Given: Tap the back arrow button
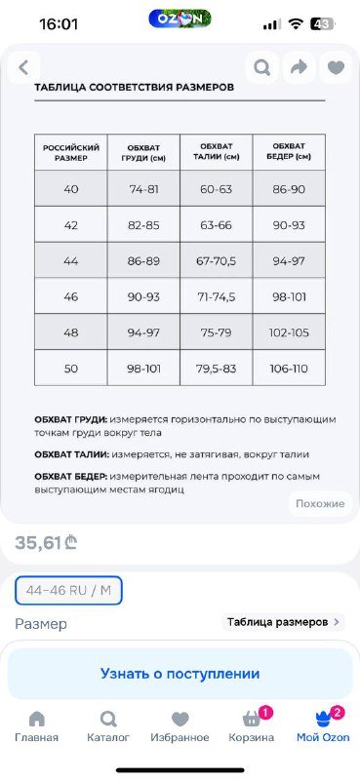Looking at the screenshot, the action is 23,68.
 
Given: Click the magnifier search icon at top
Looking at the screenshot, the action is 261,68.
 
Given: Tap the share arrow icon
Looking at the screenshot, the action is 298,68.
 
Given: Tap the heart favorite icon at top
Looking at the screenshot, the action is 336,68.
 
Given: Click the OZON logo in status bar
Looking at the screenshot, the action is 180,19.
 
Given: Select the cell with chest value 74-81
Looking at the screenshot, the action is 143,188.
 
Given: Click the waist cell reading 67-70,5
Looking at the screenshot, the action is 216,260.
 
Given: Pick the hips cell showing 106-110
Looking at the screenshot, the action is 289,368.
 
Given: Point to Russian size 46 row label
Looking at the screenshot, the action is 71,296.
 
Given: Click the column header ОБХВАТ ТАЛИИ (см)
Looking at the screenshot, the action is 216,151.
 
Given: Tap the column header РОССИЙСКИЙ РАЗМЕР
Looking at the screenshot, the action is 71,151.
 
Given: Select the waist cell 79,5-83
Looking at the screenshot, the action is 216,368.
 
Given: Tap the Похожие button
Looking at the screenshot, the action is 320,503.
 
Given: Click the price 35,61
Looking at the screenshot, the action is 46,543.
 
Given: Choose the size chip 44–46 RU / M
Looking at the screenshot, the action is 68,591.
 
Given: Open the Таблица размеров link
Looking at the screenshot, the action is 283,621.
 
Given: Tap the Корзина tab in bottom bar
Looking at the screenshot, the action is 251,726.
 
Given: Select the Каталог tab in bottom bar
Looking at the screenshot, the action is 107,726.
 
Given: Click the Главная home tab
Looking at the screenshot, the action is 36,726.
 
